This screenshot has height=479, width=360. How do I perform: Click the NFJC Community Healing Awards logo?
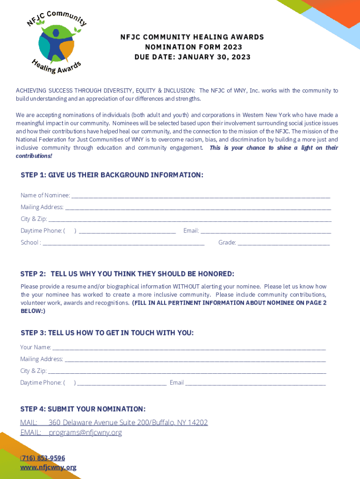coord(57,42)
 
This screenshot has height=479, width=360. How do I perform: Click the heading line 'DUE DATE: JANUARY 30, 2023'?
coord(192,57)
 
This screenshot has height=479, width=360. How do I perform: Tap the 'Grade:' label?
coord(227,243)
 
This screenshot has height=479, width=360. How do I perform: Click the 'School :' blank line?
coord(123,243)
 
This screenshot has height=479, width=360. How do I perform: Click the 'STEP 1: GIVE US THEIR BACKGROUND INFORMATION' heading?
coord(112,175)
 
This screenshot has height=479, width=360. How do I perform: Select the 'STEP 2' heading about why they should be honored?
coord(127,274)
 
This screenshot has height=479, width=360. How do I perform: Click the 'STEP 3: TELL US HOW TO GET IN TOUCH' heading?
coord(107,333)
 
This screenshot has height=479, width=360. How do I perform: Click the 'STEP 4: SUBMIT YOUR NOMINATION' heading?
coord(83,409)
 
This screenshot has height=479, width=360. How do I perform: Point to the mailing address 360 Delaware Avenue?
coord(128,422)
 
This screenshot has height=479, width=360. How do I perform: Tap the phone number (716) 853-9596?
coord(43,458)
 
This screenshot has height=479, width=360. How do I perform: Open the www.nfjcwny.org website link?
coord(48,467)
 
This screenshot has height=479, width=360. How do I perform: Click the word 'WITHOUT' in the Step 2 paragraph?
coord(186,286)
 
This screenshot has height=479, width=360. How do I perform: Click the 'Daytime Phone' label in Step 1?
coord(41,231)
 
